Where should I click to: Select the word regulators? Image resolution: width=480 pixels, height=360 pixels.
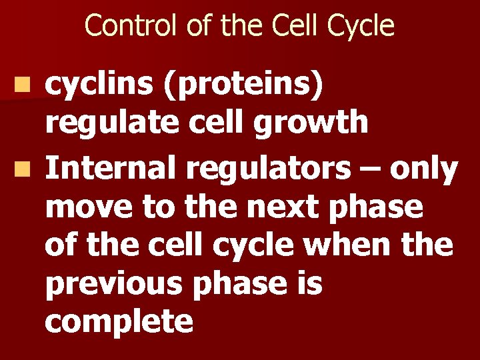[268, 171]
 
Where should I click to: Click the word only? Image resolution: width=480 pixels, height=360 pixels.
[424, 171]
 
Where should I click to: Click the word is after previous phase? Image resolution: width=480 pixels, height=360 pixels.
[307, 284]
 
